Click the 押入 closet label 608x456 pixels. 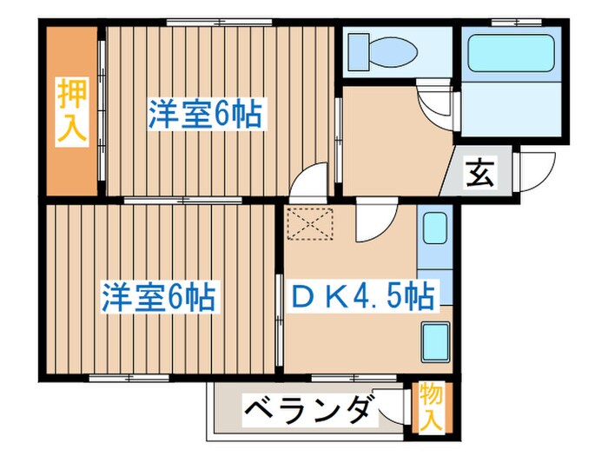click(71, 110)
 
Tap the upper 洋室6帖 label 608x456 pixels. click(205, 116)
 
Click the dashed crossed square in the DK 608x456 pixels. click(310, 225)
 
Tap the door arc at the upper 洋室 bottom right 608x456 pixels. click(309, 185)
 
